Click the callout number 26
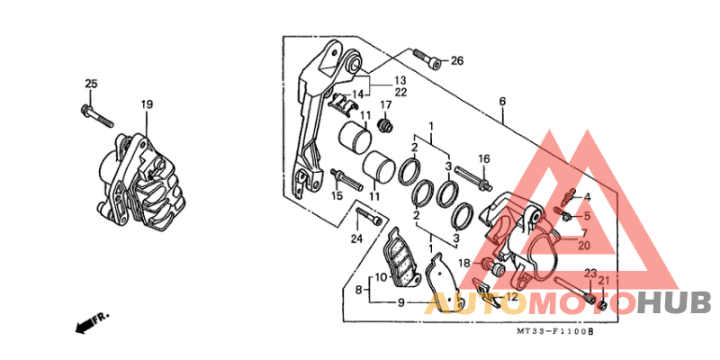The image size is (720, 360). coord(457,60)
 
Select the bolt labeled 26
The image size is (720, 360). coord(427,58)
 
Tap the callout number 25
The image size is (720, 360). coord(92,84)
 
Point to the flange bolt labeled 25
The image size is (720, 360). coord(97,116)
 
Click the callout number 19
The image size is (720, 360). coord(147,104)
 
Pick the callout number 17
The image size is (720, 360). coord(385,105)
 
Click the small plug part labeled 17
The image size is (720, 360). coord(385,125)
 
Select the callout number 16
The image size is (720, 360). coord(484,159)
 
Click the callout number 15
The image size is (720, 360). coord(337,196)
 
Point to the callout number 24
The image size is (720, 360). coord(357,238)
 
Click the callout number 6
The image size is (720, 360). coord(502,102)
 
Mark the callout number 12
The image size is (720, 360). coord(511,297)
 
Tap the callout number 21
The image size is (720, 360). coord(603,281)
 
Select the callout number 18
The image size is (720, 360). coord(464,263)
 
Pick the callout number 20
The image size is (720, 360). coord(583,245)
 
